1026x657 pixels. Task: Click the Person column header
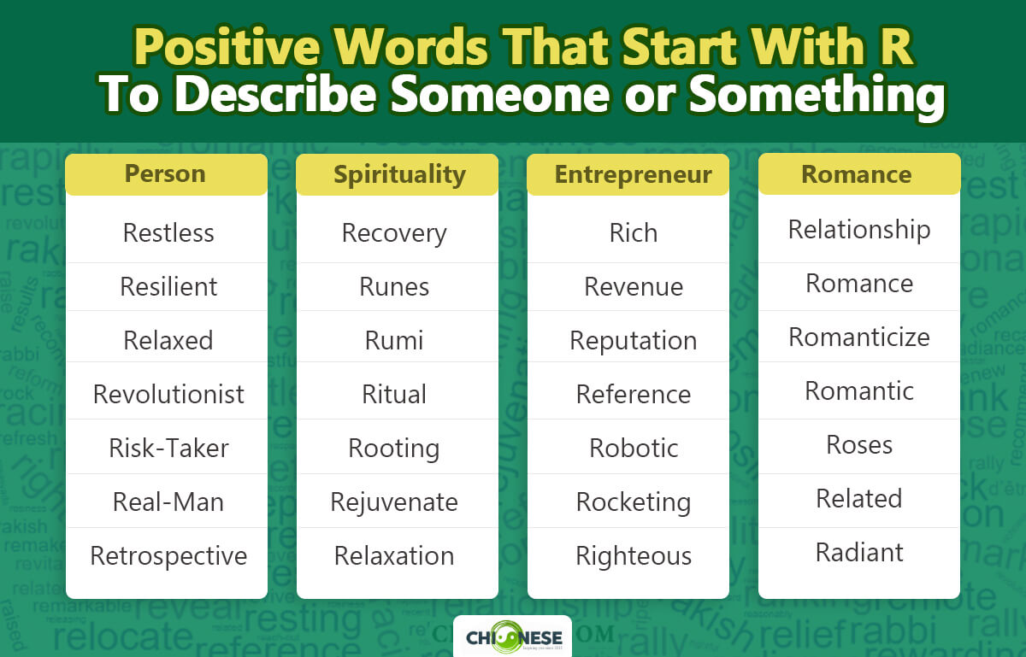click(x=166, y=174)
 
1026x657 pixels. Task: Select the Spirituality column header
click(x=398, y=174)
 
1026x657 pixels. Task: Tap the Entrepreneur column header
click(x=633, y=174)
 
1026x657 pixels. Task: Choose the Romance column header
click(x=857, y=174)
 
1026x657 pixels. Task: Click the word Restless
click(x=168, y=232)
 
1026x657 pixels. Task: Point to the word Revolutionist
click(x=168, y=394)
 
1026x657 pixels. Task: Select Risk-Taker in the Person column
click(x=168, y=448)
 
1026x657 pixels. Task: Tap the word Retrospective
click(x=168, y=555)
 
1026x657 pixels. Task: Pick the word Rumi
click(x=394, y=340)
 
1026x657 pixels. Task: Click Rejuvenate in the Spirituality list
click(x=394, y=502)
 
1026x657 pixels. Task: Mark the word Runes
click(x=394, y=286)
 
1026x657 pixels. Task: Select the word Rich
click(x=634, y=232)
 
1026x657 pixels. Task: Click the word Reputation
click(x=634, y=340)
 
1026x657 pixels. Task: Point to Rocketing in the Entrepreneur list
click(x=634, y=502)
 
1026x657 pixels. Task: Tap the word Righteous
click(x=634, y=555)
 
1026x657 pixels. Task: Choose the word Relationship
click(x=859, y=229)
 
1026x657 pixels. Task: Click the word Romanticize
click(x=859, y=337)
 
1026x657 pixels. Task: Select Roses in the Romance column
click(x=859, y=444)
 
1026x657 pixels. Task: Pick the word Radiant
click(x=859, y=552)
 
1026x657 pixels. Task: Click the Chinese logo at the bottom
click(x=512, y=637)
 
